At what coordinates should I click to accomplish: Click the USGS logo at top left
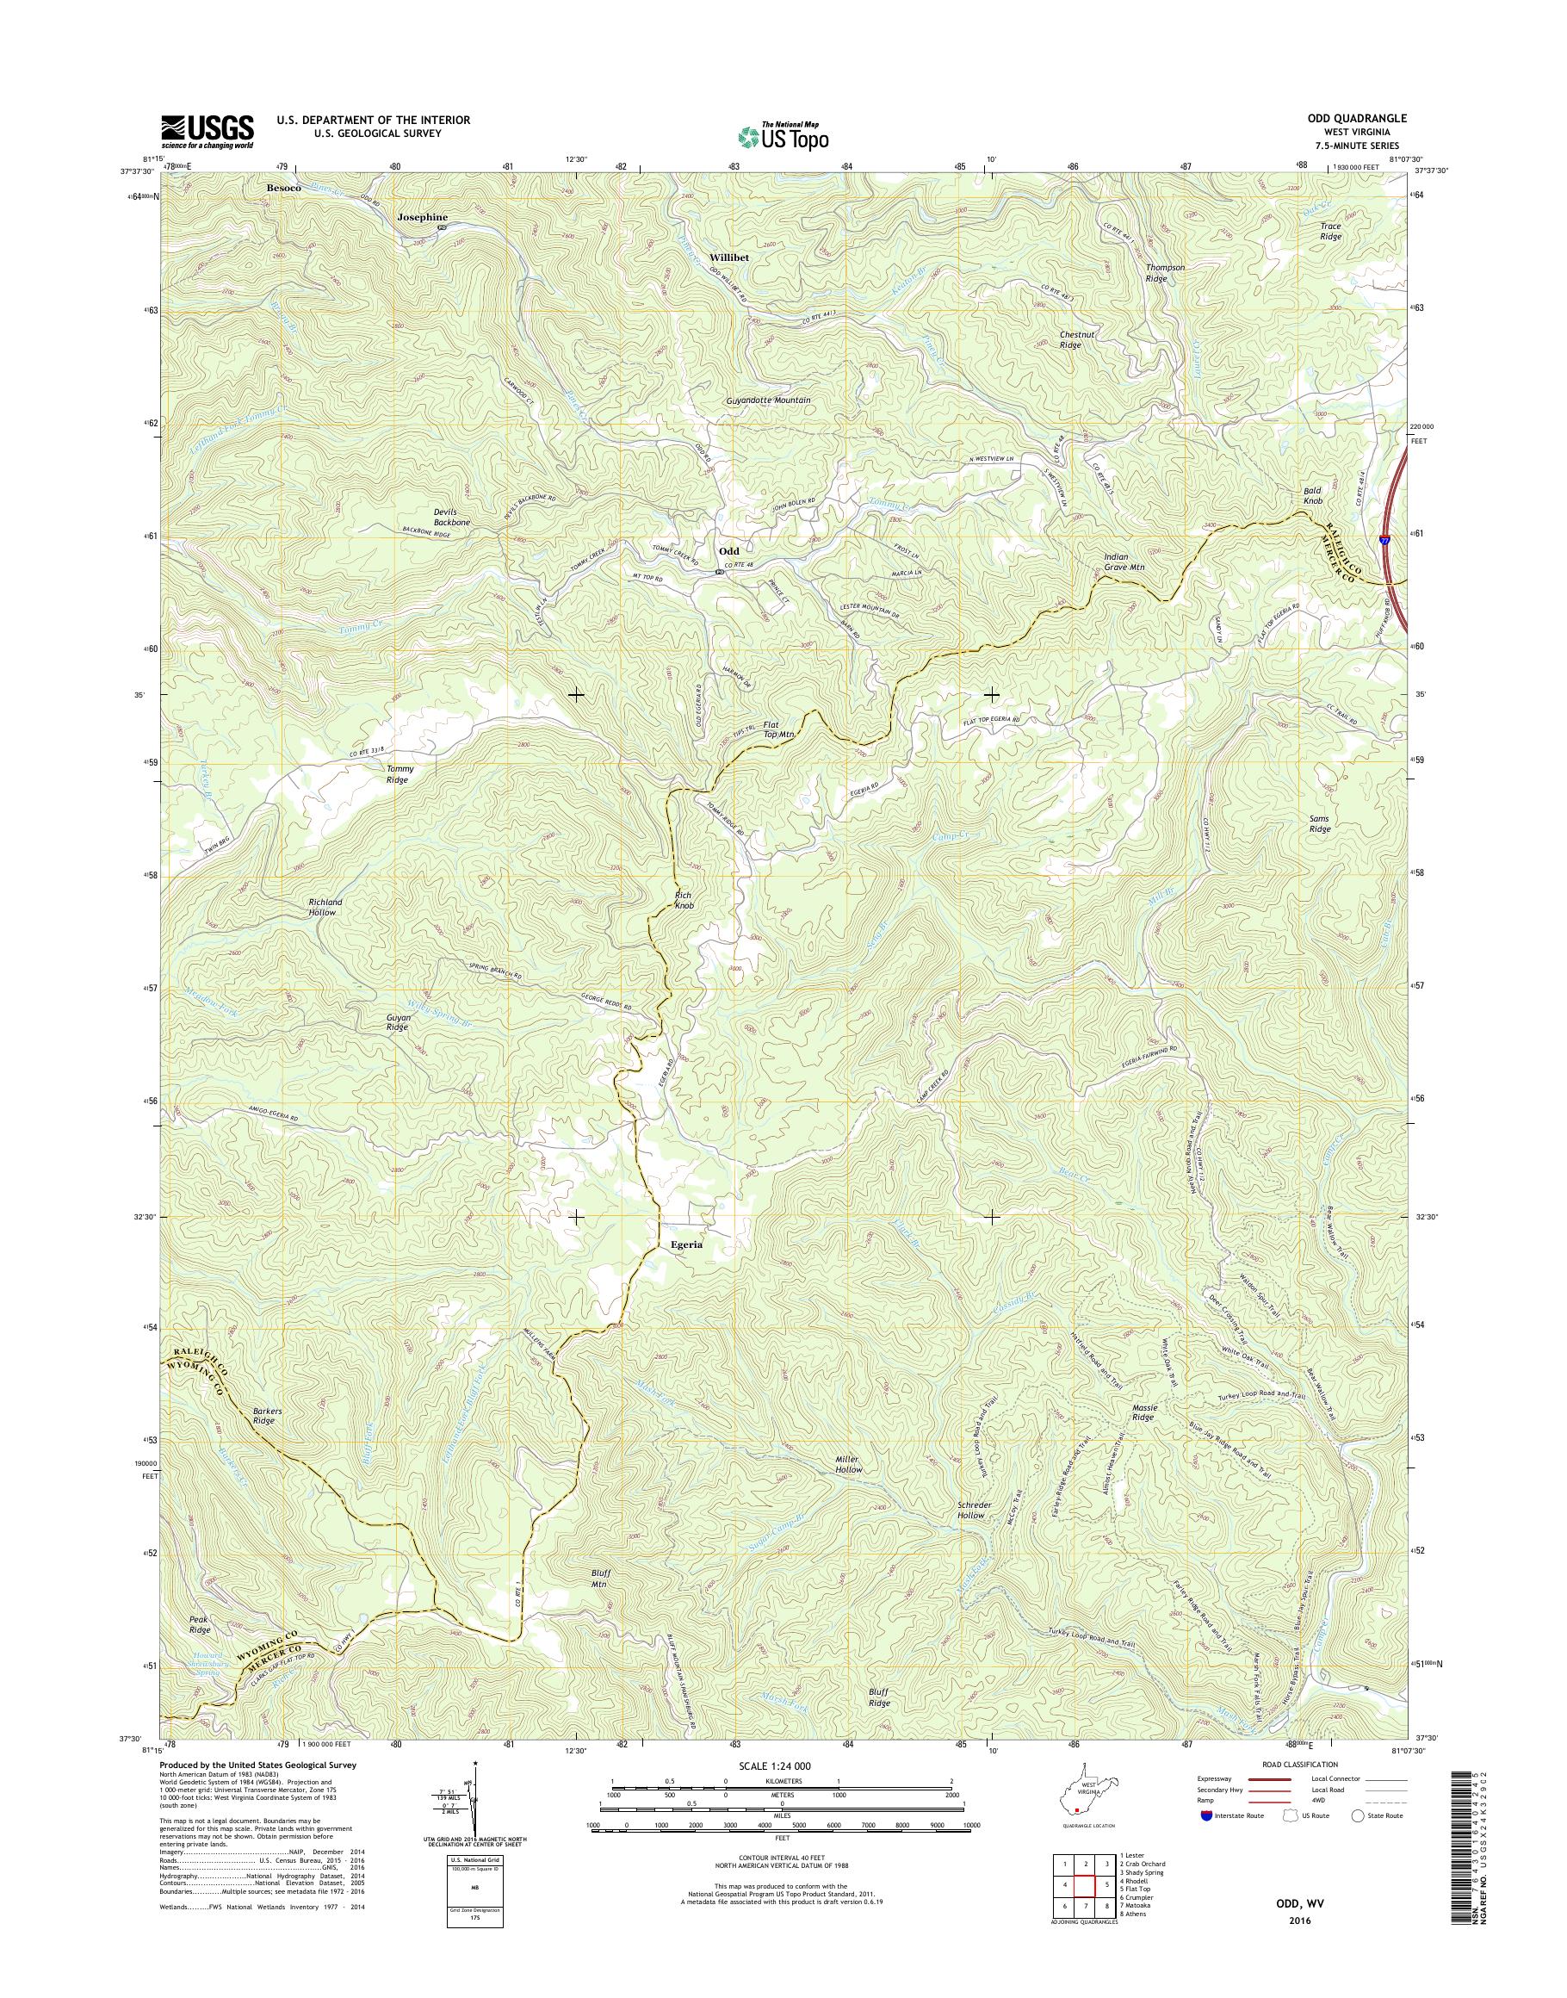click(207, 131)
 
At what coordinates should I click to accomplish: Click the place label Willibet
click(729, 258)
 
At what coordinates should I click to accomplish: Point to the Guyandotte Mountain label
click(768, 400)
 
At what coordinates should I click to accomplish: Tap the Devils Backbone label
click(451, 517)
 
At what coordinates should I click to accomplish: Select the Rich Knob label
click(684, 900)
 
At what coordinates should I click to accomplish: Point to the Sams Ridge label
click(1319, 823)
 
